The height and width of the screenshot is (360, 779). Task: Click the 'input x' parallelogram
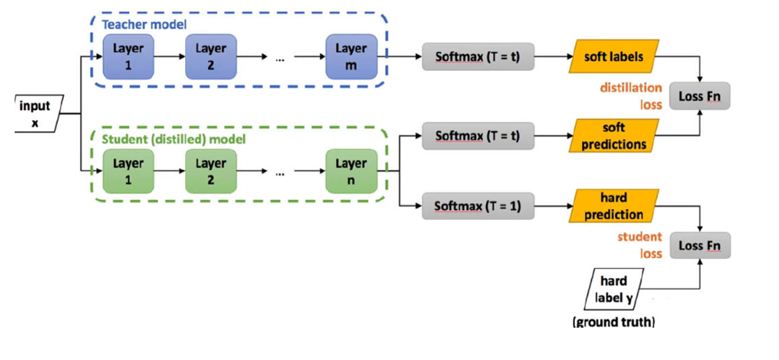(x=38, y=114)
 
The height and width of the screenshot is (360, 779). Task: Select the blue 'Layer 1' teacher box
(x=129, y=56)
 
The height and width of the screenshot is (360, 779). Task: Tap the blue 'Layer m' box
(x=351, y=56)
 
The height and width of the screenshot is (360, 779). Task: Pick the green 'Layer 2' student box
(x=211, y=171)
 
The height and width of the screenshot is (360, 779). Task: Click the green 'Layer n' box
(x=351, y=171)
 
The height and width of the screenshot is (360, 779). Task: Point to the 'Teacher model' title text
(x=144, y=24)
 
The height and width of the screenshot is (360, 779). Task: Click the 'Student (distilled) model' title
(x=174, y=139)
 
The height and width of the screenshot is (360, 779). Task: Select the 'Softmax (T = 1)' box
(x=478, y=206)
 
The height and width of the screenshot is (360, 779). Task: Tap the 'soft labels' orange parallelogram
(x=614, y=56)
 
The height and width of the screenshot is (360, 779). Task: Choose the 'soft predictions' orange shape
(x=614, y=135)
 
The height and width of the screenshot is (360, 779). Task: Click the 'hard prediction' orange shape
(x=614, y=206)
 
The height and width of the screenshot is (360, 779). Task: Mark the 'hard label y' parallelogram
(x=614, y=289)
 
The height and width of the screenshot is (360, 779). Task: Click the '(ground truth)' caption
(x=614, y=322)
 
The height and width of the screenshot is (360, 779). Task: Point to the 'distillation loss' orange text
(x=631, y=96)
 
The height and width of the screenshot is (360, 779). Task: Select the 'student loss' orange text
(x=640, y=245)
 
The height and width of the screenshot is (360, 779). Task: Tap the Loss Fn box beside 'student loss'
(x=700, y=245)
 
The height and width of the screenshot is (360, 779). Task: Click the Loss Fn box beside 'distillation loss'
(x=700, y=96)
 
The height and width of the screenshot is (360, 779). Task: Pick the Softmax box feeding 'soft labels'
(x=478, y=56)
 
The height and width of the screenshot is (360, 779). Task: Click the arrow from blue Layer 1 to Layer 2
(x=170, y=56)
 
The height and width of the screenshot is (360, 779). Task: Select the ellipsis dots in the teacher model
(x=280, y=60)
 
